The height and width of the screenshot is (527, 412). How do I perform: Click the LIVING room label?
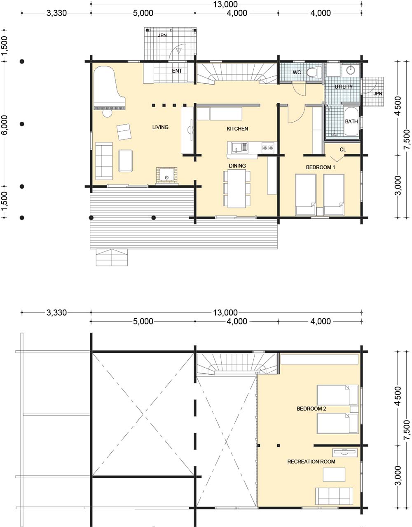160,127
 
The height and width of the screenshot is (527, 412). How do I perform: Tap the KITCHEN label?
237,128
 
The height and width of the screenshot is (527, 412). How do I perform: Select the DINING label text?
237,165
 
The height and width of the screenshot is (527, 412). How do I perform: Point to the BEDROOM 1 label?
320,167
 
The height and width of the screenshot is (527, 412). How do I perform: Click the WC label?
297,72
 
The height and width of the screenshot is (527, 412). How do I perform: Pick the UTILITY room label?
344,87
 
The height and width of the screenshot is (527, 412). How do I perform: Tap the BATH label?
351,121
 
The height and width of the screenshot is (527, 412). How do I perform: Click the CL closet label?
343,149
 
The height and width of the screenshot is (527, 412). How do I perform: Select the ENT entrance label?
177,71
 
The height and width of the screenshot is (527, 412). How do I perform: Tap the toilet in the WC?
314,72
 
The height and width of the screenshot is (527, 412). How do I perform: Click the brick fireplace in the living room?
166,175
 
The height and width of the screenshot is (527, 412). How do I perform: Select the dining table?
237,189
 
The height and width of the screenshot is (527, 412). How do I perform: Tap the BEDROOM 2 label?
311,409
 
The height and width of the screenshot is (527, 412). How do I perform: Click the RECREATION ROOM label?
311,461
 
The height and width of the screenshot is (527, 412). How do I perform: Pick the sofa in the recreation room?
334,496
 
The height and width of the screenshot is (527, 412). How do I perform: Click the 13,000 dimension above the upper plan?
225,4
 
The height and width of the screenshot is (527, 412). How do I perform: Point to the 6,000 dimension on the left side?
5,124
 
